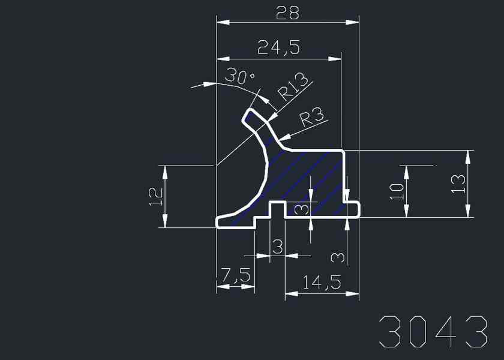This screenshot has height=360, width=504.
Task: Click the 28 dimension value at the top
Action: [287, 13]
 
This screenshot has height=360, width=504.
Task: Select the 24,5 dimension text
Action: [278, 47]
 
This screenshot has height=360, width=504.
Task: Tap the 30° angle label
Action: [239, 77]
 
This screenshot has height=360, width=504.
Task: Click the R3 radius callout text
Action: [311, 116]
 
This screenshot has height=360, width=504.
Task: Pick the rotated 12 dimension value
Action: [154, 196]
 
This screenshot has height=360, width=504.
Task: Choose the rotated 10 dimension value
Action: [396, 191]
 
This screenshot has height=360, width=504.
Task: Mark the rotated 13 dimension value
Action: [457, 183]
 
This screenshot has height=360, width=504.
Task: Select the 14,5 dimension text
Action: [322, 282]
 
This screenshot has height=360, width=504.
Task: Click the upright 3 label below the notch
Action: [277, 246]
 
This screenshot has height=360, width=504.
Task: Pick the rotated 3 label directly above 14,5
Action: [338, 257]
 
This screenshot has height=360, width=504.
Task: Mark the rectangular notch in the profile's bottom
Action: [277, 210]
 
